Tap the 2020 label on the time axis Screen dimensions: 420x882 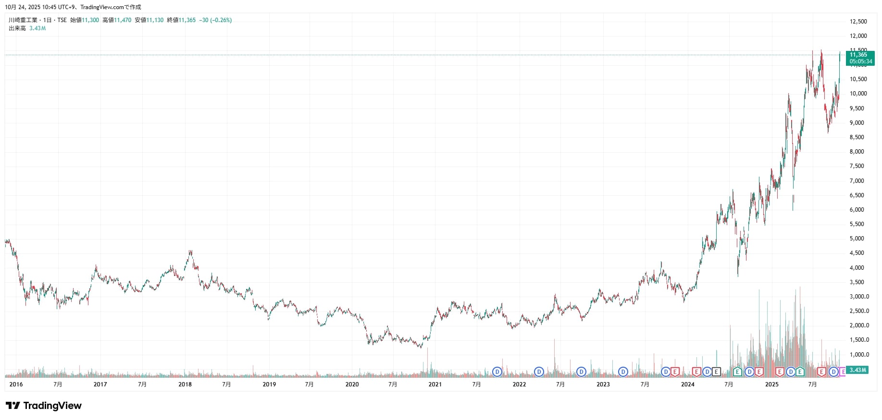click(x=352, y=384)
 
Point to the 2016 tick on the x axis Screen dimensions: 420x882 click(x=16, y=384)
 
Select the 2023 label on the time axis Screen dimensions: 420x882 click(x=603, y=384)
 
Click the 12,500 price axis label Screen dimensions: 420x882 click(x=858, y=22)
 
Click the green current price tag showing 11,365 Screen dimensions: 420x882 click(x=860, y=58)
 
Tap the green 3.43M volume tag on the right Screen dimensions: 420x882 click(x=857, y=370)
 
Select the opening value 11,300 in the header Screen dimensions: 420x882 click(x=90, y=20)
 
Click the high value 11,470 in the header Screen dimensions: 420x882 click(x=123, y=20)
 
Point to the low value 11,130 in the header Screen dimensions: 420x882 click(x=155, y=20)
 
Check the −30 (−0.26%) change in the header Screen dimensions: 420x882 click(x=215, y=20)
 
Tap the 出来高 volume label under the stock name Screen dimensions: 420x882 click(x=17, y=28)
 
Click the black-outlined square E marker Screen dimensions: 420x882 click(x=716, y=372)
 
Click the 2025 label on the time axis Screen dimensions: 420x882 click(x=771, y=384)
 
